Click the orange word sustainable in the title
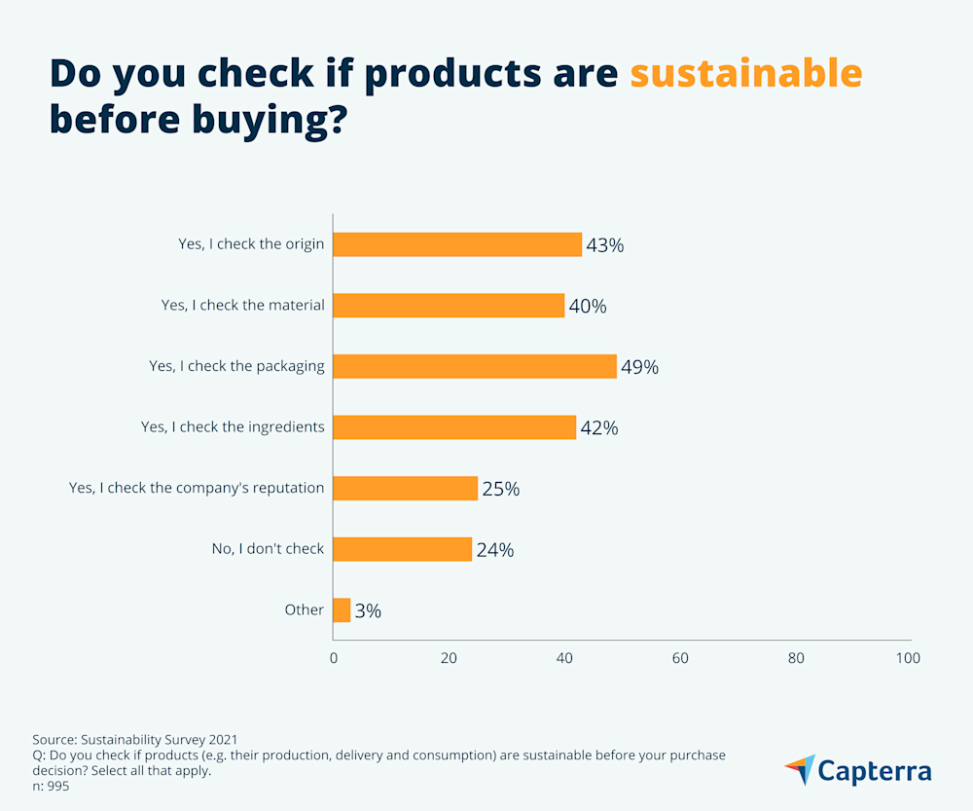point(745,73)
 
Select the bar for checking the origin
point(457,244)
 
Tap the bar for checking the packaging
point(475,366)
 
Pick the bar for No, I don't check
point(403,549)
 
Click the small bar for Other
point(342,610)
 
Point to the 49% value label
point(639,368)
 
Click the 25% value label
point(500,490)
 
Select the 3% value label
point(368,611)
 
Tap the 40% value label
point(587,307)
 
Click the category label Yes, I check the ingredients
point(233,426)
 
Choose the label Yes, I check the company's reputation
point(197,487)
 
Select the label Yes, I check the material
point(242,305)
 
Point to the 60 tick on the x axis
point(680,658)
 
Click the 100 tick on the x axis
point(907,658)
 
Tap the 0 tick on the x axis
point(334,658)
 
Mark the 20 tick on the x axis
point(449,658)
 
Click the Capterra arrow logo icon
point(800,769)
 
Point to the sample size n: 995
point(51,787)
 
